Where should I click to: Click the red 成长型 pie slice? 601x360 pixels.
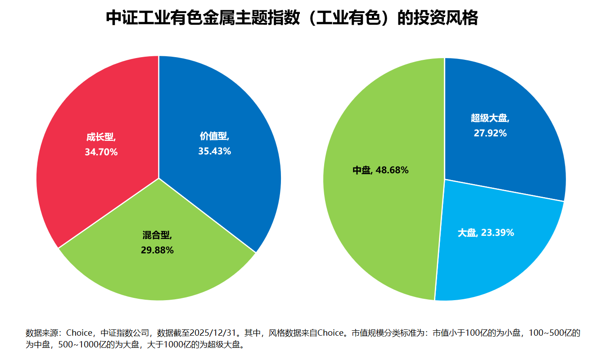tap(90, 112)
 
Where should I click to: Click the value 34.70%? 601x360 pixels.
tap(101, 152)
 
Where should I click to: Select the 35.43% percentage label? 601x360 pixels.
tap(215, 151)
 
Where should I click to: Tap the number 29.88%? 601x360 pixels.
tap(157, 250)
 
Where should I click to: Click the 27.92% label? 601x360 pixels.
tap(490, 133)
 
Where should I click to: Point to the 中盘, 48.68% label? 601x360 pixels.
tap(380, 170)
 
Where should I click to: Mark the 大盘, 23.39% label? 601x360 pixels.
tap(486, 233)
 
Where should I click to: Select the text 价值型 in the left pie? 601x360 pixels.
tap(213, 136)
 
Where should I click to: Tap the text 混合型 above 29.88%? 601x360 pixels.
tap(156, 235)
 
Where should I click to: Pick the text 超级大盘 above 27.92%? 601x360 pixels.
tap(489, 118)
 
